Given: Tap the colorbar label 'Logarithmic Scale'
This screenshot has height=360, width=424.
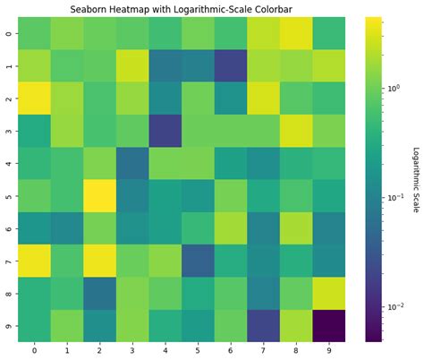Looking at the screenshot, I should point(415,179).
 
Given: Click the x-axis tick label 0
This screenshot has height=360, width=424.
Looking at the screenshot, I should point(34,349).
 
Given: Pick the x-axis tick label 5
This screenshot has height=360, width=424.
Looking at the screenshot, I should point(198,349).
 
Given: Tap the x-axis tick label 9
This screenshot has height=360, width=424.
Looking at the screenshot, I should point(329,349).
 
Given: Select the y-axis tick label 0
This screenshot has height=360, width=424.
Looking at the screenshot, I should point(8,33).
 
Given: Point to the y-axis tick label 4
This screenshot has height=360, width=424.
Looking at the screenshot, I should point(8,163).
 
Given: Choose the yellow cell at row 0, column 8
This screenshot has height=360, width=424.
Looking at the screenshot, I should point(296,33).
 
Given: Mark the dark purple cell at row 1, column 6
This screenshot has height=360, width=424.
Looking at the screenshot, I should point(231,65).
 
